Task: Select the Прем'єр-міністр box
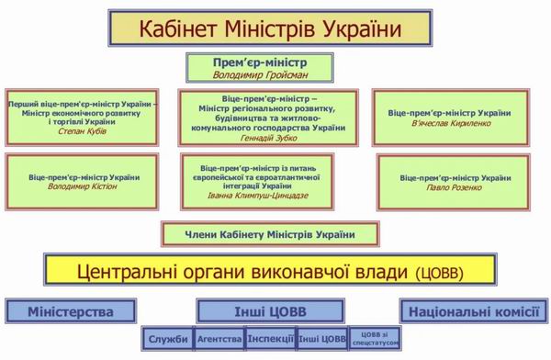point(260,67)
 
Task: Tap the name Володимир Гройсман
point(260,73)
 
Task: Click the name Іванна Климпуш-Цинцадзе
point(263,196)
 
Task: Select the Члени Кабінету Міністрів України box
point(260,234)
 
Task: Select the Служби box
point(166,340)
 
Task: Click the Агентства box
point(218,340)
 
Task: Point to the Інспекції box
point(270,340)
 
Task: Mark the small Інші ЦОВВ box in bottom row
point(322,340)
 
